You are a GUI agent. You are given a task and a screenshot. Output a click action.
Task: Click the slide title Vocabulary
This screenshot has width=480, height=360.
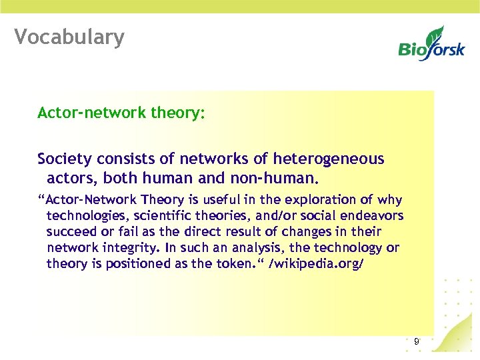pyautogui.click(x=69, y=37)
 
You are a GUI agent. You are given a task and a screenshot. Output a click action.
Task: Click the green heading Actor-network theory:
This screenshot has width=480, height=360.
pyautogui.click(x=121, y=113)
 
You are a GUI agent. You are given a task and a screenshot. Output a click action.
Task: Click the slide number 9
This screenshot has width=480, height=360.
pyautogui.click(x=416, y=341)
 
